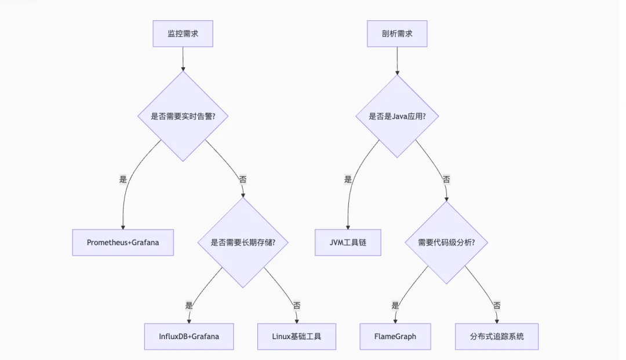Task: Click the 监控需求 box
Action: (x=183, y=34)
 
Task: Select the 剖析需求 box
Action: (x=397, y=34)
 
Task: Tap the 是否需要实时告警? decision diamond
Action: (x=183, y=116)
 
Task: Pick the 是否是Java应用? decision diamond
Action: (x=397, y=116)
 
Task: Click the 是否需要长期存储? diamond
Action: (x=243, y=242)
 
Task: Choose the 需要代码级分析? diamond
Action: (x=446, y=242)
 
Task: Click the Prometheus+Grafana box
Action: (x=123, y=242)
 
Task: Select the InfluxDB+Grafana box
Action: (x=189, y=336)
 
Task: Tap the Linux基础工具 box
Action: (x=297, y=336)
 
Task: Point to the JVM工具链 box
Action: (x=348, y=242)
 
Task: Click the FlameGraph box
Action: (x=395, y=336)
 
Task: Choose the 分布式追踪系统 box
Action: (x=497, y=336)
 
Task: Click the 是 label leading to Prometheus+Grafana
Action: (x=123, y=180)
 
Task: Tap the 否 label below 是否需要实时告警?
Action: (x=242, y=180)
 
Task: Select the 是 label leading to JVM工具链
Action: (x=348, y=180)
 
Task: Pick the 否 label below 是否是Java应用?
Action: (x=446, y=180)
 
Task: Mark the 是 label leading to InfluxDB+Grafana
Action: (x=189, y=305)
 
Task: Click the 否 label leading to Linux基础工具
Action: (x=297, y=305)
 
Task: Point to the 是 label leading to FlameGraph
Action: (x=395, y=305)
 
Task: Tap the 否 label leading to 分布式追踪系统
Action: (x=497, y=305)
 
